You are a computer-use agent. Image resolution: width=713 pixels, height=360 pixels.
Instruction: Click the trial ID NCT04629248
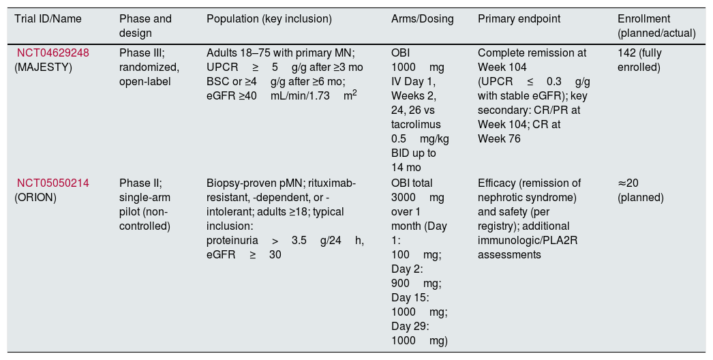(53, 52)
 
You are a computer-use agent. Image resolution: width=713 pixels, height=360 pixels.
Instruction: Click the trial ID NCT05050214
(53, 183)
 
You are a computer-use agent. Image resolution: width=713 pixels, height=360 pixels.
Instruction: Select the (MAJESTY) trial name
(43, 67)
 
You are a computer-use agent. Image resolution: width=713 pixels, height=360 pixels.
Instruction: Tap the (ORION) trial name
(35, 198)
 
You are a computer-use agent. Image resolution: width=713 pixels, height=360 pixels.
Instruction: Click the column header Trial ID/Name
(48, 19)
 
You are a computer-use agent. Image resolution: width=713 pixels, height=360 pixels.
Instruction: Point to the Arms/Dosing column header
(423, 19)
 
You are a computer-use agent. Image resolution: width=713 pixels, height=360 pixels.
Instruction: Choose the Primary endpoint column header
(519, 19)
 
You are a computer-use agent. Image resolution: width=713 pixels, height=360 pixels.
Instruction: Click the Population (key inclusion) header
(269, 19)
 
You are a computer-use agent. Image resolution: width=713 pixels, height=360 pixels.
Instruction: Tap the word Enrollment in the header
(643, 18)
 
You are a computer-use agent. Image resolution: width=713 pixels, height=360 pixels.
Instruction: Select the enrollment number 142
(626, 52)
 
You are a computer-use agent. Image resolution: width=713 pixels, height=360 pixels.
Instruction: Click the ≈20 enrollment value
(628, 183)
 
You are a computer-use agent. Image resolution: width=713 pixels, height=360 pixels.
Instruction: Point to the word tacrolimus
(416, 124)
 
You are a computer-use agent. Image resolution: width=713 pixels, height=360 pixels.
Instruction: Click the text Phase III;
(142, 52)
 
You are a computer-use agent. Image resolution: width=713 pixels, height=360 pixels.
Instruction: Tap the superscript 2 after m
(354, 93)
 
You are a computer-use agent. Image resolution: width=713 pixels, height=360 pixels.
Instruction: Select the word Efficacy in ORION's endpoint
(495, 183)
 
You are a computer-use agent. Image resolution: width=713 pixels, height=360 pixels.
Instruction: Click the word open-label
(145, 82)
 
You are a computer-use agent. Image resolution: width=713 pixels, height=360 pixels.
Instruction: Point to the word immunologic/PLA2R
(528, 240)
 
